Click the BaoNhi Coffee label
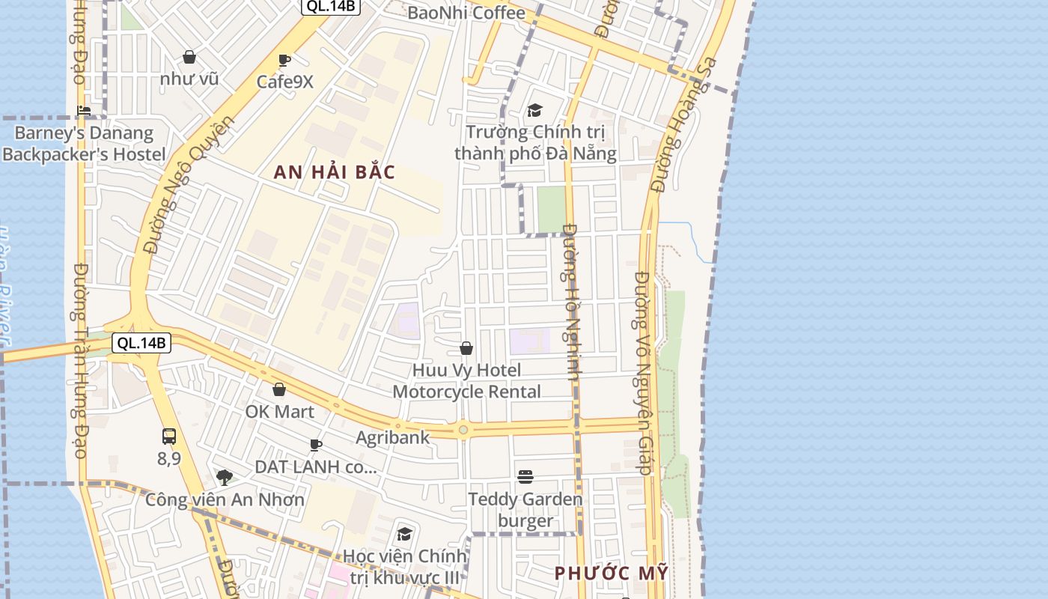466,13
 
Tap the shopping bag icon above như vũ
189,57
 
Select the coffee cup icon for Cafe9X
284,61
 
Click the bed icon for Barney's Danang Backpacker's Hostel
84,112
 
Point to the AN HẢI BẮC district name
334,172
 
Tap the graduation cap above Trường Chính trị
534,111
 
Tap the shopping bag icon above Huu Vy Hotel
466,348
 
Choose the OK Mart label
280,412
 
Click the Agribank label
393,437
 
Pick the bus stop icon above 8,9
169,437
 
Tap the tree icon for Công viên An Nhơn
224,477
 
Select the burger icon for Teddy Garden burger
525,477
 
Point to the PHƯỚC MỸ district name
611,574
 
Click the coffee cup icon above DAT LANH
316,446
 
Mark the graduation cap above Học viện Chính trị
404,534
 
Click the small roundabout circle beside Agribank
463,430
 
